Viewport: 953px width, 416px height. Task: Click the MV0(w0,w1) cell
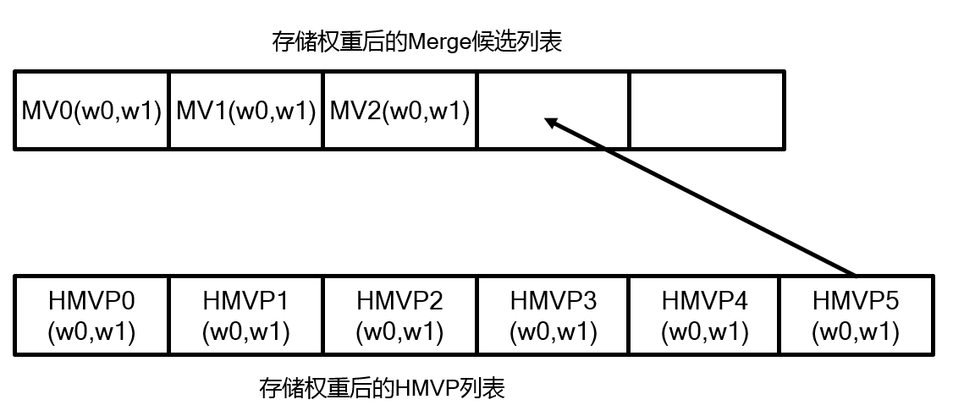[91, 111]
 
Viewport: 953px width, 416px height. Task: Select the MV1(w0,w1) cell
[246, 111]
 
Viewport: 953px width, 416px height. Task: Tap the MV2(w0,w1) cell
[399, 111]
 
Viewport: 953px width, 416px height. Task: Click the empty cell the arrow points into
[554, 111]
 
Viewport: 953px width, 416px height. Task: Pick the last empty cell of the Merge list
[707, 111]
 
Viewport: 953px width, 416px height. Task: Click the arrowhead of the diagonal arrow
[551, 123]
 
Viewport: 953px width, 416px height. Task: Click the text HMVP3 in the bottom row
[554, 300]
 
